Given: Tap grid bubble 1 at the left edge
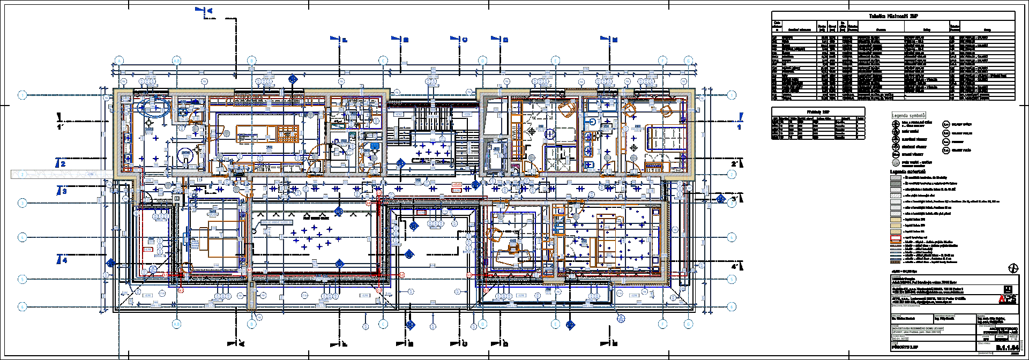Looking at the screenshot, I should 22,95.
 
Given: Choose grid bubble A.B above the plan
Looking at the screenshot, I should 177,61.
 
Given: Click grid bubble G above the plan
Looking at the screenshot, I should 662,61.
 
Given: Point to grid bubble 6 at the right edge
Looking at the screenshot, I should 732,307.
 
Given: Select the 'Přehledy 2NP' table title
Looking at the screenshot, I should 818,111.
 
